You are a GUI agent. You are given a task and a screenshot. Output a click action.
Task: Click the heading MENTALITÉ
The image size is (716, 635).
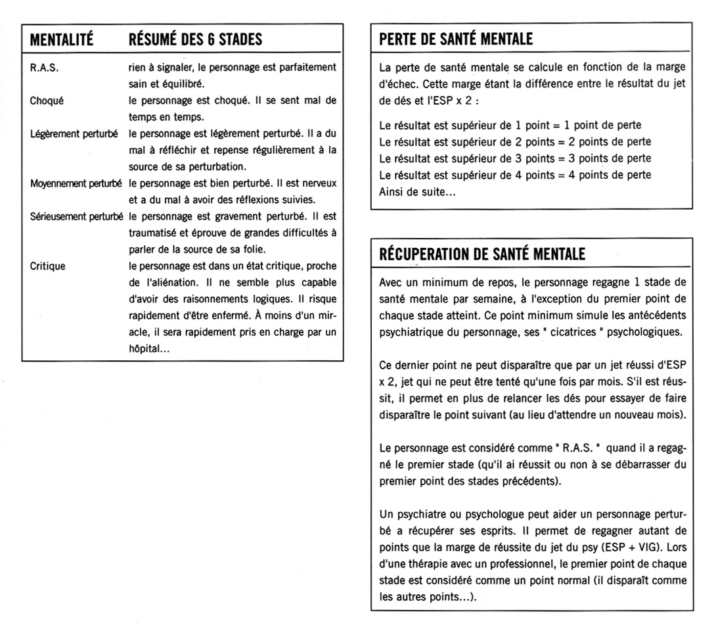[x=62, y=39]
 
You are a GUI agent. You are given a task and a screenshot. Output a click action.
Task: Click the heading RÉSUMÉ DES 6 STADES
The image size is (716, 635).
[x=195, y=39]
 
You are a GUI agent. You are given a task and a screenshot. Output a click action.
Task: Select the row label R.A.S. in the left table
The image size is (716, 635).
[x=43, y=67]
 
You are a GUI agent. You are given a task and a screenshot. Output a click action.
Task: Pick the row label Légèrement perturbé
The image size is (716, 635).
[x=74, y=134]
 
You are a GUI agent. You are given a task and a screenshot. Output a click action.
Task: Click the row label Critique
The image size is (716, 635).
[x=47, y=266]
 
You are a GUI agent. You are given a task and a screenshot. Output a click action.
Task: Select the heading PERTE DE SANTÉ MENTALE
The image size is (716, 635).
[x=457, y=39]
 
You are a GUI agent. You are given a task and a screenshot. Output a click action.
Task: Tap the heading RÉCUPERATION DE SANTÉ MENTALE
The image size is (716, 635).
[x=482, y=254]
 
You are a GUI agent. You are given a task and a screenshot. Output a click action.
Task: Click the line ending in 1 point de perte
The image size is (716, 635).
[x=510, y=125]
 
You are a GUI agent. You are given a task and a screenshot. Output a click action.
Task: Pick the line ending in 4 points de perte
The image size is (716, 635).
[x=516, y=175]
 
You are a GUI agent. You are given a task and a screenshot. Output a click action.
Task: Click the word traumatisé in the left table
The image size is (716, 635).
[x=155, y=233]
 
